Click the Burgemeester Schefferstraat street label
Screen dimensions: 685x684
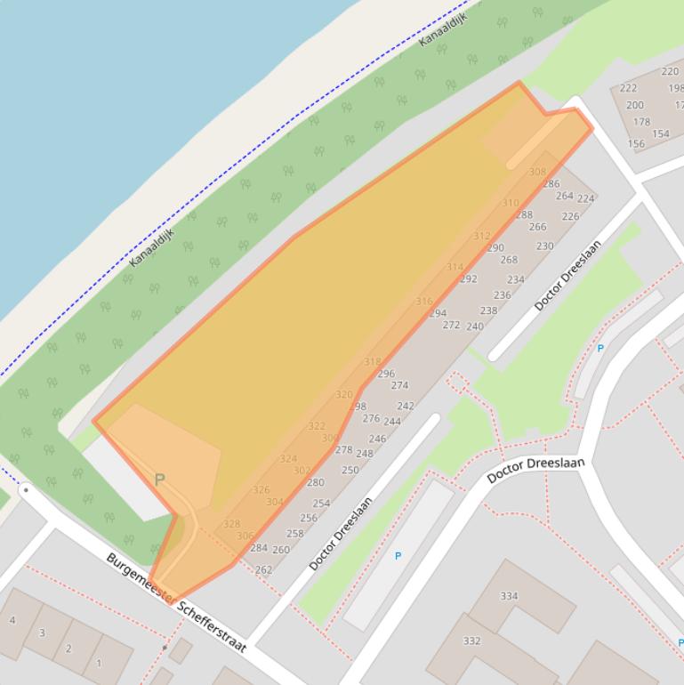[x=176, y=603]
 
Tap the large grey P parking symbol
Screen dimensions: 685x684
[x=160, y=479]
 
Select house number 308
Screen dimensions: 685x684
[x=537, y=173]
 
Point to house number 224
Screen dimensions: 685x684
[x=585, y=199]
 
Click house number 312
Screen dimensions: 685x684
[x=481, y=237]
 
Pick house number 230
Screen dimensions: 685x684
[x=544, y=246]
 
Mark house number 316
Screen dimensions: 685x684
[x=424, y=302]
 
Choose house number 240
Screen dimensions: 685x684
[x=475, y=326]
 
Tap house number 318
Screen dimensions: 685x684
[x=373, y=362]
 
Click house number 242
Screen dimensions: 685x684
[x=406, y=407]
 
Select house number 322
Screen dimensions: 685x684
[x=317, y=426]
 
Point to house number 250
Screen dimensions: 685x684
[x=350, y=471]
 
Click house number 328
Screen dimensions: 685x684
[x=231, y=524]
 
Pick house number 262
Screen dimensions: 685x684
[x=263, y=570]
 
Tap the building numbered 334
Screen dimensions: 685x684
[x=509, y=596]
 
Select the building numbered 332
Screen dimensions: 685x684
[x=471, y=641]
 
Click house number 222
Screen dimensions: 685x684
[x=628, y=88]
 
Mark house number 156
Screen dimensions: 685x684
[x=636, y=143]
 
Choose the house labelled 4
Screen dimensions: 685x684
[x=12, y=620]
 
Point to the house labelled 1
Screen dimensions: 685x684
[x=99, y=663]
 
